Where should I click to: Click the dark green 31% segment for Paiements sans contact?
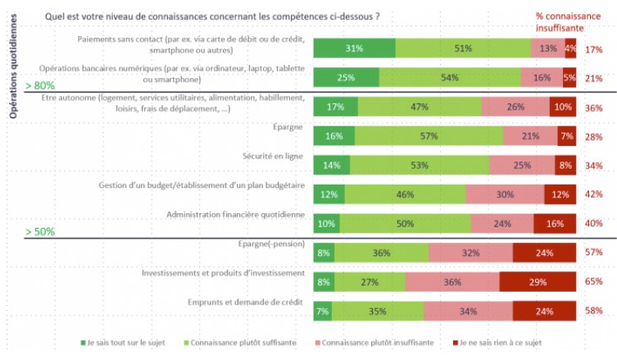click(x=354, y=48)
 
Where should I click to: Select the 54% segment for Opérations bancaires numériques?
click(x=449, y=78)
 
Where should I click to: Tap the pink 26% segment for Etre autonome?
click(x=515, y=107)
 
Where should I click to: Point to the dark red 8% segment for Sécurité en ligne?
click(x=565, y=166)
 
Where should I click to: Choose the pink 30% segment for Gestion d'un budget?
click(x=505, y=194)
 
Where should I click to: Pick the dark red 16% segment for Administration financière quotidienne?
click(x=554, y=223)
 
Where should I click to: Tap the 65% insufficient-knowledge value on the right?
click(x=594, y=281)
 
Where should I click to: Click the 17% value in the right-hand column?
click(x=594, y=49)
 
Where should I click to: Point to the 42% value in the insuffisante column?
click(x=594, y=194)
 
